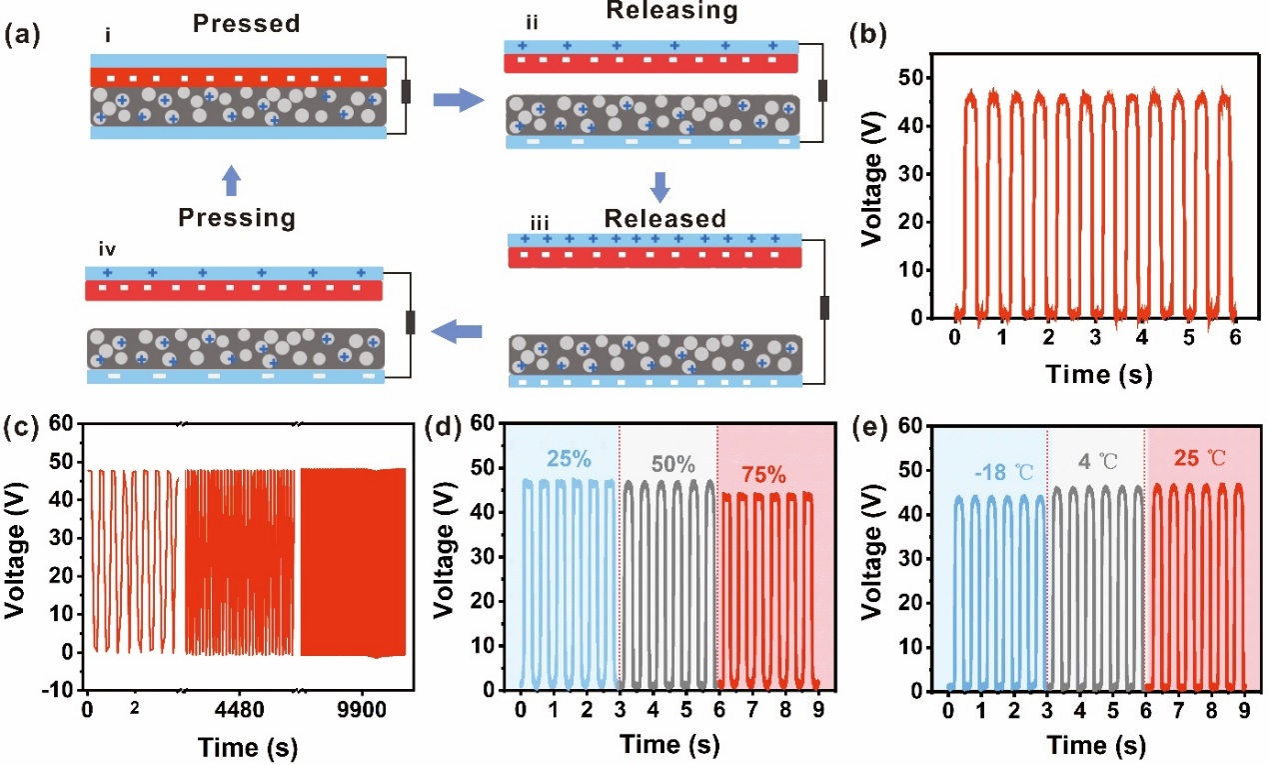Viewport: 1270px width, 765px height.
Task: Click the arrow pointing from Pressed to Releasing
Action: pos(456,99)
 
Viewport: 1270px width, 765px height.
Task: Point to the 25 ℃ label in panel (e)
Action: pos(1195,462)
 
